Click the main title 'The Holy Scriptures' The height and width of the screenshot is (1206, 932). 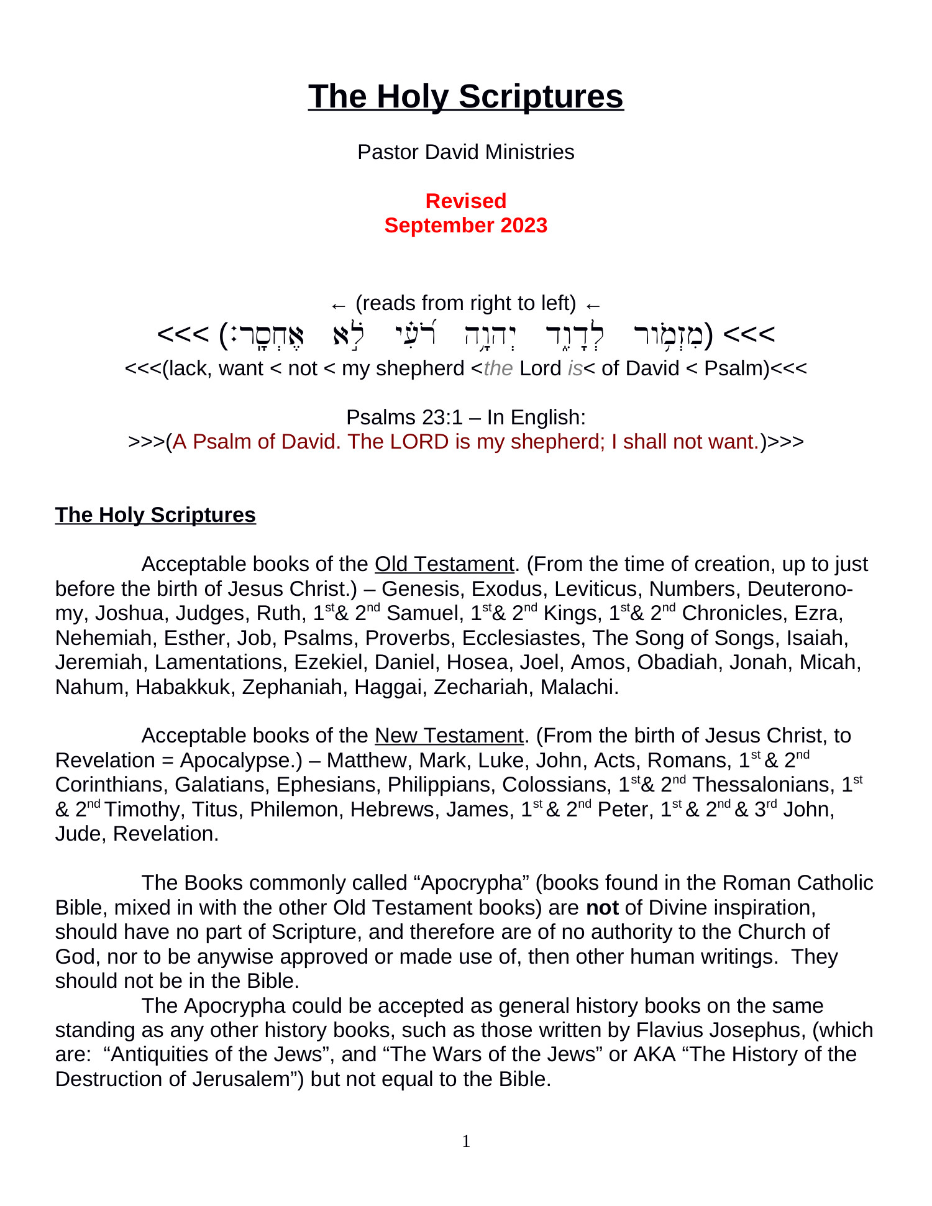click(x=465, y=97)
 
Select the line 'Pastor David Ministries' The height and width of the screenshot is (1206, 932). click(x=465, y=152)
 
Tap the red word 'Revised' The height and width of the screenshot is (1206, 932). click(x=465, y=201)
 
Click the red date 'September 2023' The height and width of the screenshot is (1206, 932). click(x=465, y=225)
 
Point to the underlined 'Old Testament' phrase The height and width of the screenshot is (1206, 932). click(x=444, y=564)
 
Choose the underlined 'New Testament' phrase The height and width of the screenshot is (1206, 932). click(x=449, y=736)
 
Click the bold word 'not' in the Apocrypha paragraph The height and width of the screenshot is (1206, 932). click(x=602, y=908)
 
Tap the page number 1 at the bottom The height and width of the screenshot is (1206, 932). click(x=466, y=1141)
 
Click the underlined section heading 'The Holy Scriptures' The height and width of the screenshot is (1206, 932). click(x=155, y=515)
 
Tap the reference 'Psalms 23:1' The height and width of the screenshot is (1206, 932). click(x=404, y=418)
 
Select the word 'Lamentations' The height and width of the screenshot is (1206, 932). click(x=218, y=662)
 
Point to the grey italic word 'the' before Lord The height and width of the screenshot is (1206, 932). click(x=498, y=368)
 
